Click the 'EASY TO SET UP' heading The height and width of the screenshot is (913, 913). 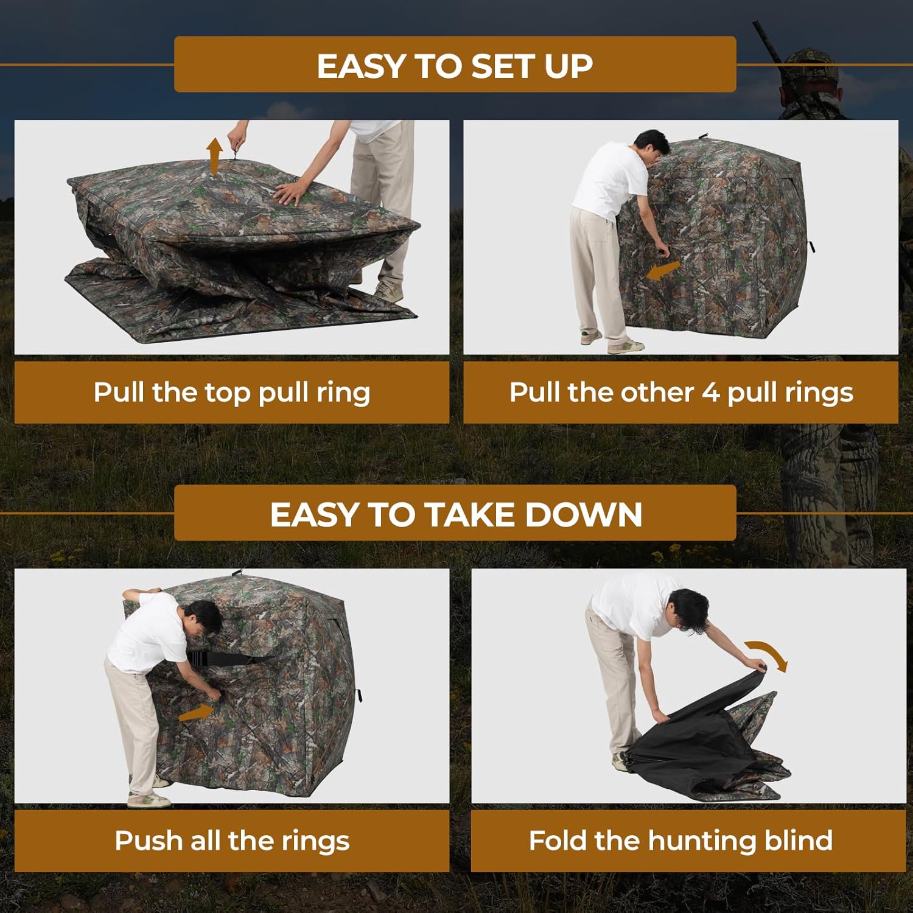pyautogui.click(x=455, y=66)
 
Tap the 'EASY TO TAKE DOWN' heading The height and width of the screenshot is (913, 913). pyautogui.click(x=455, y=514)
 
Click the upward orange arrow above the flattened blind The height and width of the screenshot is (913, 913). pyautogui.click(x=214, y=155)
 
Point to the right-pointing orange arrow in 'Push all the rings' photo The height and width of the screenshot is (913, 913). pyautogui.click(x=196, y=712)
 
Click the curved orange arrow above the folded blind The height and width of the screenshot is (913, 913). pyautogui.click(x=768, y=655)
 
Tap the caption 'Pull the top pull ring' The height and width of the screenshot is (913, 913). pyautogui.click(x=231, y=393)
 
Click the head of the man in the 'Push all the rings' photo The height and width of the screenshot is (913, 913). pyautogui.click(x=201, y=621)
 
